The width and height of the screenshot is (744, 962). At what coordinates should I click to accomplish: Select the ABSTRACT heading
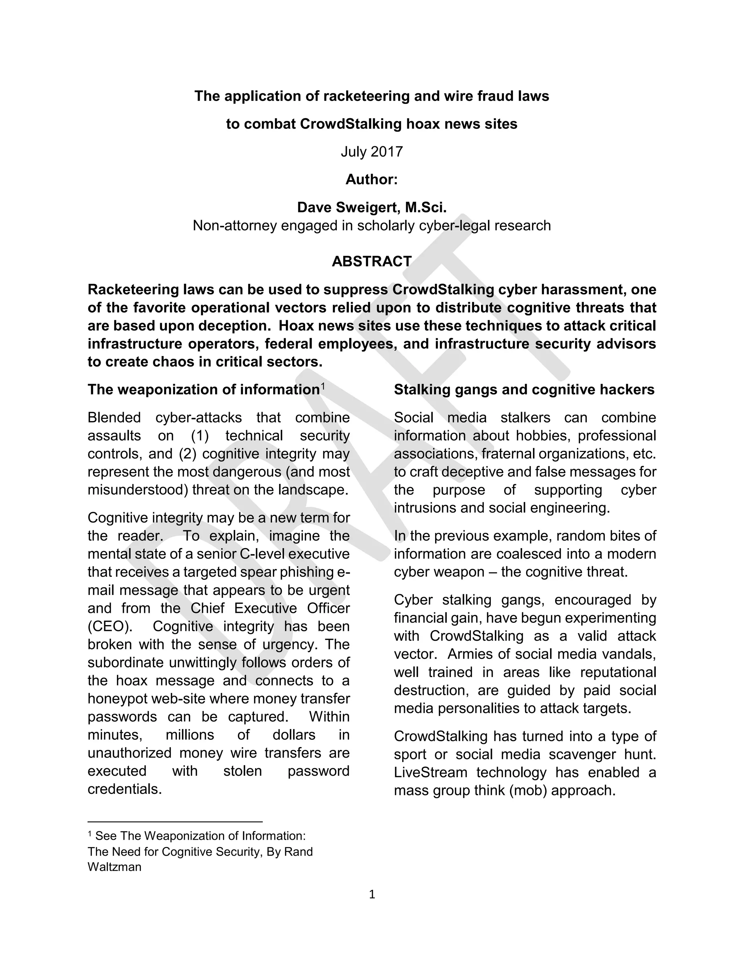(x=372, y=261)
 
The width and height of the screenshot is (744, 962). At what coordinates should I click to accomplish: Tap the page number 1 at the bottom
(x=372, y=894)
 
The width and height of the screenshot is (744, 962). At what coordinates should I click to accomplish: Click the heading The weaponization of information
(x=203, y=390)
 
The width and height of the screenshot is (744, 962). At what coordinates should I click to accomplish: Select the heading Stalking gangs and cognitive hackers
(x=524, y=390)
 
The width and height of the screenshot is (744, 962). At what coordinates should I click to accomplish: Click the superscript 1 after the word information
(x=323, y=386)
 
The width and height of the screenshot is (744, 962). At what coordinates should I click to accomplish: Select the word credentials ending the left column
(x=124, y=788)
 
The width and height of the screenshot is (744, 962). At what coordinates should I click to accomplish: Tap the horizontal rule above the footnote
(x=175, y=822)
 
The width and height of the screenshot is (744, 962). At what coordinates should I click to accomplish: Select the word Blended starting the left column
(x=114, y=417)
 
